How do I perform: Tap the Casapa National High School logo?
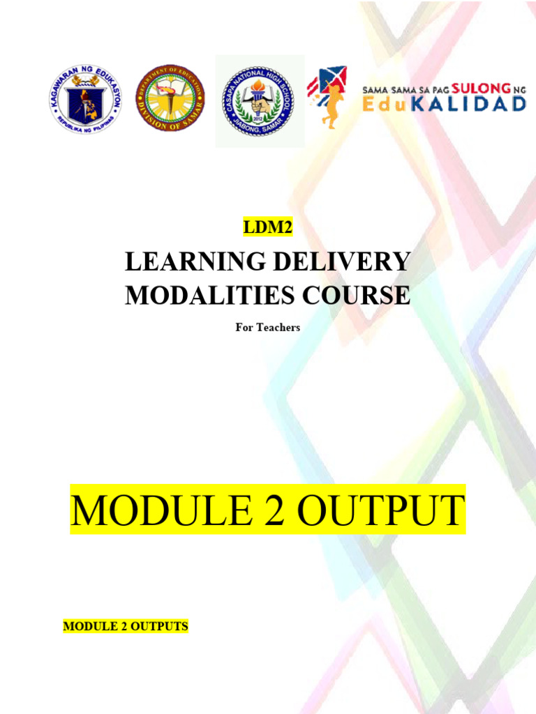[259, 101]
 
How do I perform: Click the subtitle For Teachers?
[268, 327]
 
